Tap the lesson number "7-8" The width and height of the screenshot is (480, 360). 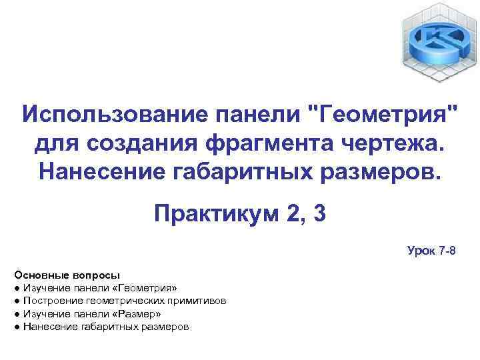pos(447,251)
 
